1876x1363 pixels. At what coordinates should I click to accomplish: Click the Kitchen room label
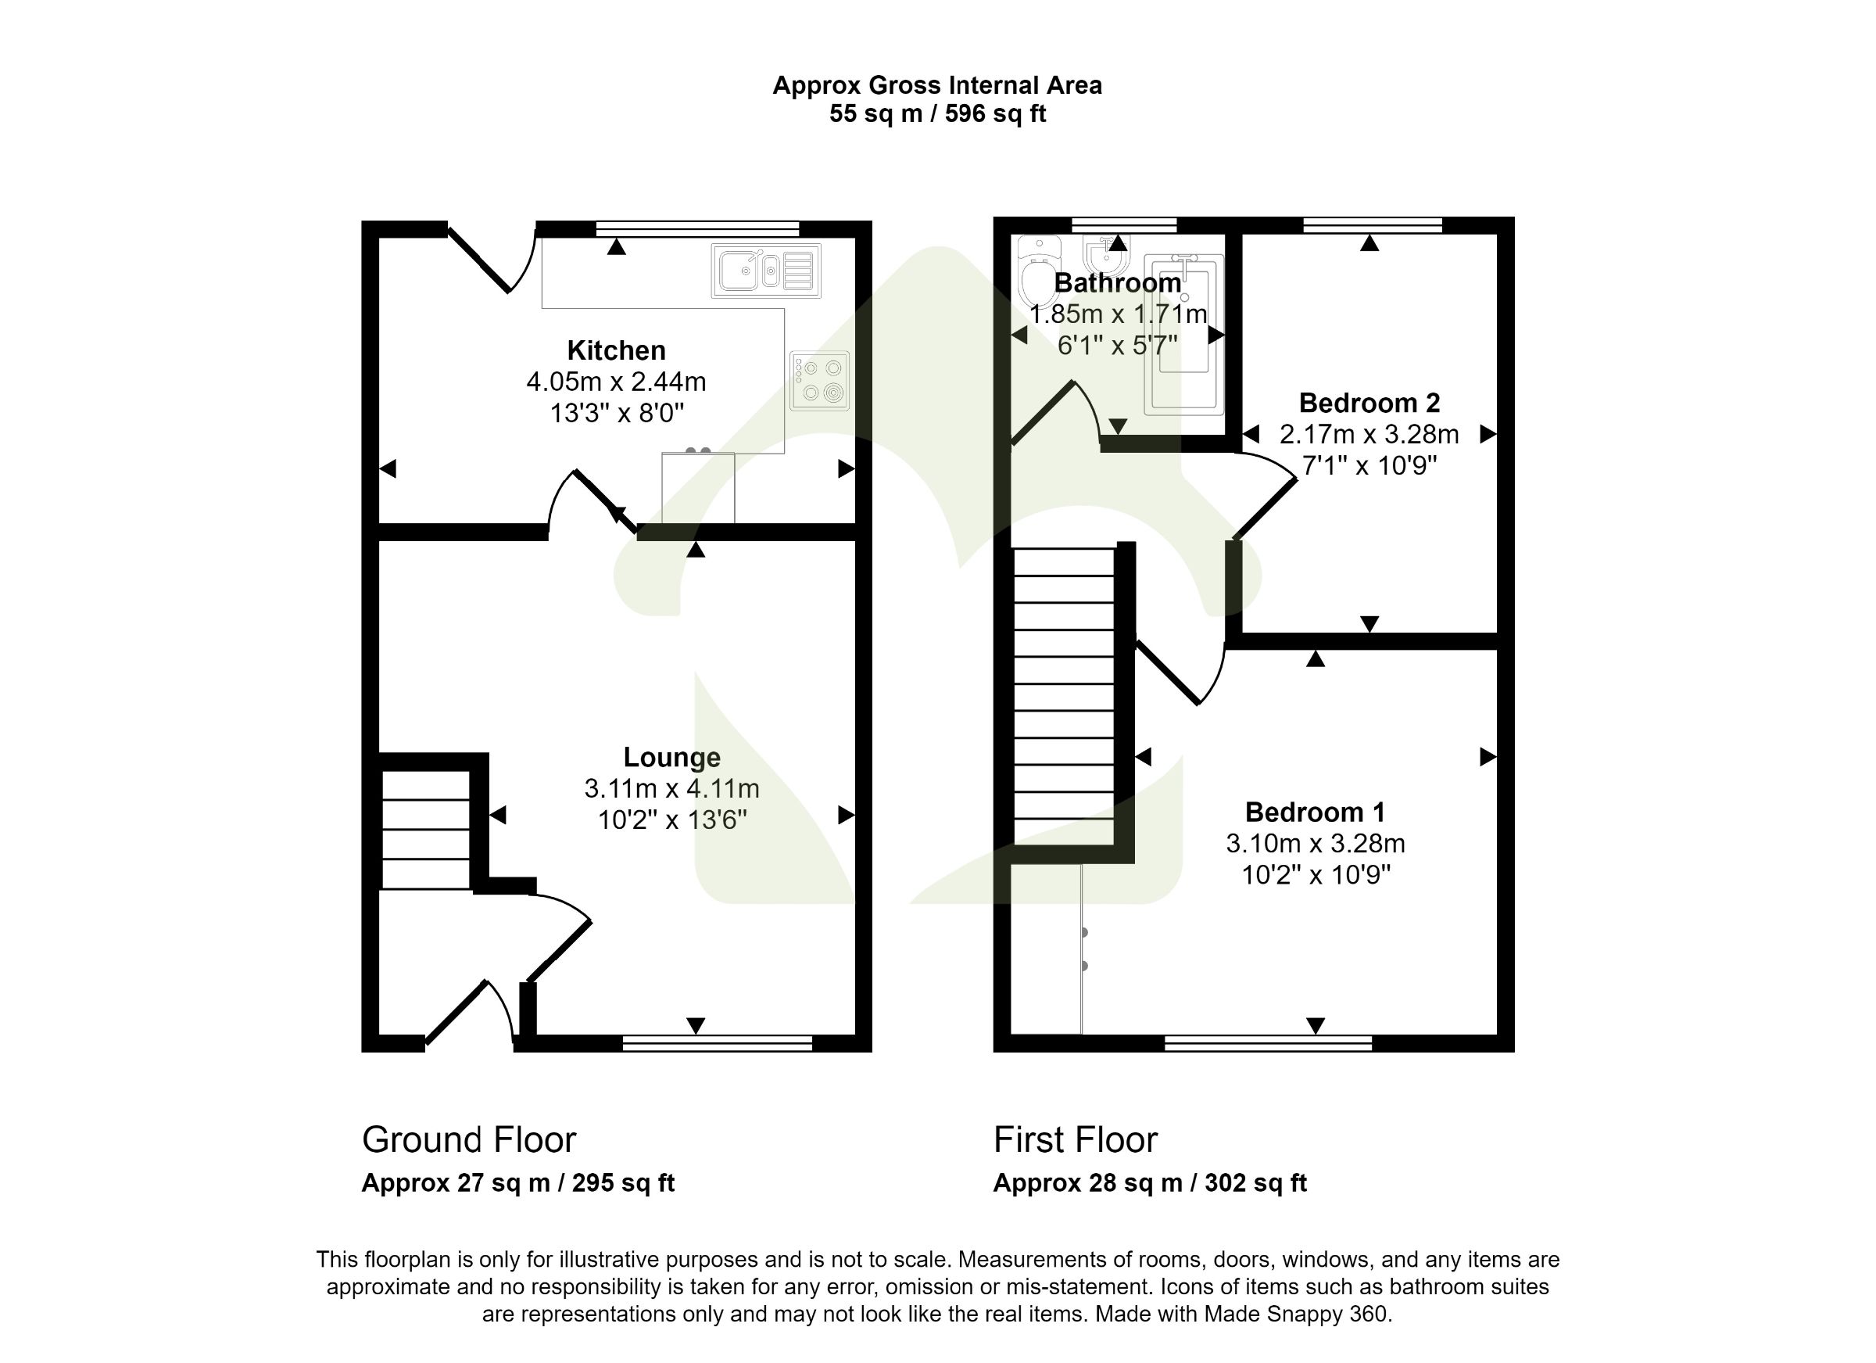tap(616, 351)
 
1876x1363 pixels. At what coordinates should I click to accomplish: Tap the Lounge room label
tap(671, 757)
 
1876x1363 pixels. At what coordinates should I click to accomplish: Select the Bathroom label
tap(1118, 283)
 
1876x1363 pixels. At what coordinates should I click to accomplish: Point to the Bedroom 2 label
tap(1369, 403)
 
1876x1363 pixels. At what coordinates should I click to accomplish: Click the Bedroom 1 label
tap(1314, 812)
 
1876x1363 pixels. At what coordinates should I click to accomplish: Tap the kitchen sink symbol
tap(766, 271)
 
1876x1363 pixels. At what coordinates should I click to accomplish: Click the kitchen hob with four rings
tap(819, 381)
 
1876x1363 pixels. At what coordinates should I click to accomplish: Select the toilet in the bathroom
tap(1036, 273)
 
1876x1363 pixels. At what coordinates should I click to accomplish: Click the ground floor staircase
tap(426, 829)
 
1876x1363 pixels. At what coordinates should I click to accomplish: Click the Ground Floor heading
tap(469, 1140)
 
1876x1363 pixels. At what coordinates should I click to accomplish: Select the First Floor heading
tap(1076, 1140)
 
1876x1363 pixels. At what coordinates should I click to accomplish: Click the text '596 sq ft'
tap(996, 114)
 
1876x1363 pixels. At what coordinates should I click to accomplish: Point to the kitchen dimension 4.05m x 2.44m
tap(616, 382)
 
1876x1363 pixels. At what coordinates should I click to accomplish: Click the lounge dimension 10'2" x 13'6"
tap(671, 820)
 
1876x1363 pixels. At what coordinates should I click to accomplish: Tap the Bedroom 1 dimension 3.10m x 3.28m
tap(1314, 843)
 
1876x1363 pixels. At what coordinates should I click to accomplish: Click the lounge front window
tap(717, 1044)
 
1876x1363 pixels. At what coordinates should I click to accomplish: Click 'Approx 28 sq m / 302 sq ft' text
tap(1150, 1183)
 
